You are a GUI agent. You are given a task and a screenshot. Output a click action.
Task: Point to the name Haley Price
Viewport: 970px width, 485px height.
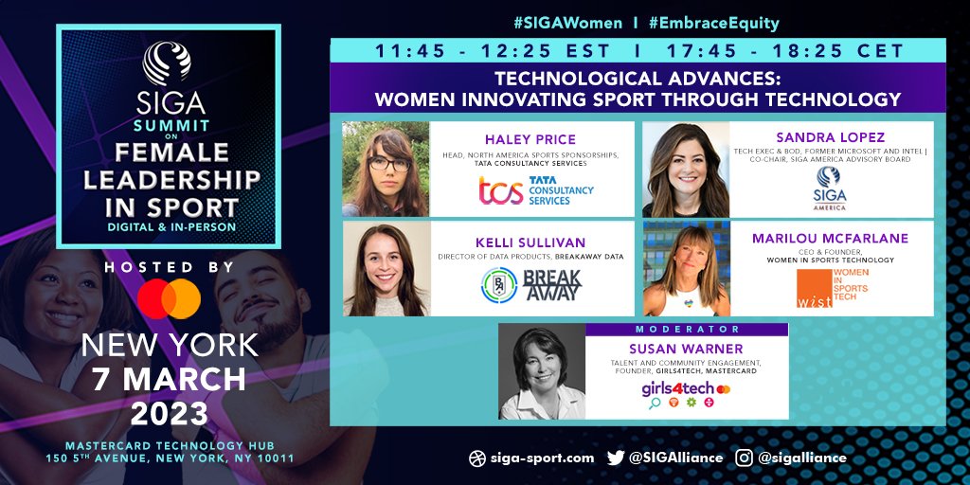[531, 138]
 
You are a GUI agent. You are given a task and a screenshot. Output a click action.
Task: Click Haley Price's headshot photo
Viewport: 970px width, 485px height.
[386, 169]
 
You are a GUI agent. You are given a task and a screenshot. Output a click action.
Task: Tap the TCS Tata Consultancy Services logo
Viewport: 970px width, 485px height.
[535, 190]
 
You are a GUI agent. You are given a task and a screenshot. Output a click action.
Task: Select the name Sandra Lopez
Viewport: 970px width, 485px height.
[830, 137]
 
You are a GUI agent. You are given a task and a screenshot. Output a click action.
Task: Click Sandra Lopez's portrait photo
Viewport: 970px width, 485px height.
[685, 169]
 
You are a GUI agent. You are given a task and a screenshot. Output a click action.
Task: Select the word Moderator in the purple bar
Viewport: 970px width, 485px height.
[686, 329]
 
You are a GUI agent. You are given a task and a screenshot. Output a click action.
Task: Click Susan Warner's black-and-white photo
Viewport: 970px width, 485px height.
[542, 371]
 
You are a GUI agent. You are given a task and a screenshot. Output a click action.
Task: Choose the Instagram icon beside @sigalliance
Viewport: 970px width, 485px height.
[745, 458]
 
